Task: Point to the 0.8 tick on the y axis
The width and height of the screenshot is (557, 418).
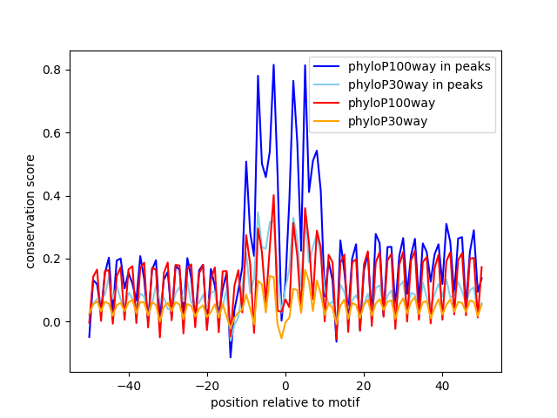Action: coord(53,70)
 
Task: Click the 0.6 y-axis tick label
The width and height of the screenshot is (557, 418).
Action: coord(53,133)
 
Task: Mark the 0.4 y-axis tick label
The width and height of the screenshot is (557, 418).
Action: coord(53,196)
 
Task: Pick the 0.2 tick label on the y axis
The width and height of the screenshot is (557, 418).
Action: coord(53,259)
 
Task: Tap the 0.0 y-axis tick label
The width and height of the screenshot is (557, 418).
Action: coord(53,322)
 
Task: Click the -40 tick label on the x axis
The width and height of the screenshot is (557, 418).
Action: coord(128,385)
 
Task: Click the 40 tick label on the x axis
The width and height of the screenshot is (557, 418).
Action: coord(442,385)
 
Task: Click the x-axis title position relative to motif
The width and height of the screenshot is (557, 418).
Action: coord(285,402)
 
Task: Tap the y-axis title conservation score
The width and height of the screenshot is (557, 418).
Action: coord(30,212)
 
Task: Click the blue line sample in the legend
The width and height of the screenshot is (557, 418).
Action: coord(329,66)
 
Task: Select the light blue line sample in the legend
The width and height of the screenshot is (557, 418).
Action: coord(329,84)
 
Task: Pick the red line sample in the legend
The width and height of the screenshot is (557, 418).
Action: coord(329,103)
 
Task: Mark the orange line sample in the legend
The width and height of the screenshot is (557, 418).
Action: coord(329,121)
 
